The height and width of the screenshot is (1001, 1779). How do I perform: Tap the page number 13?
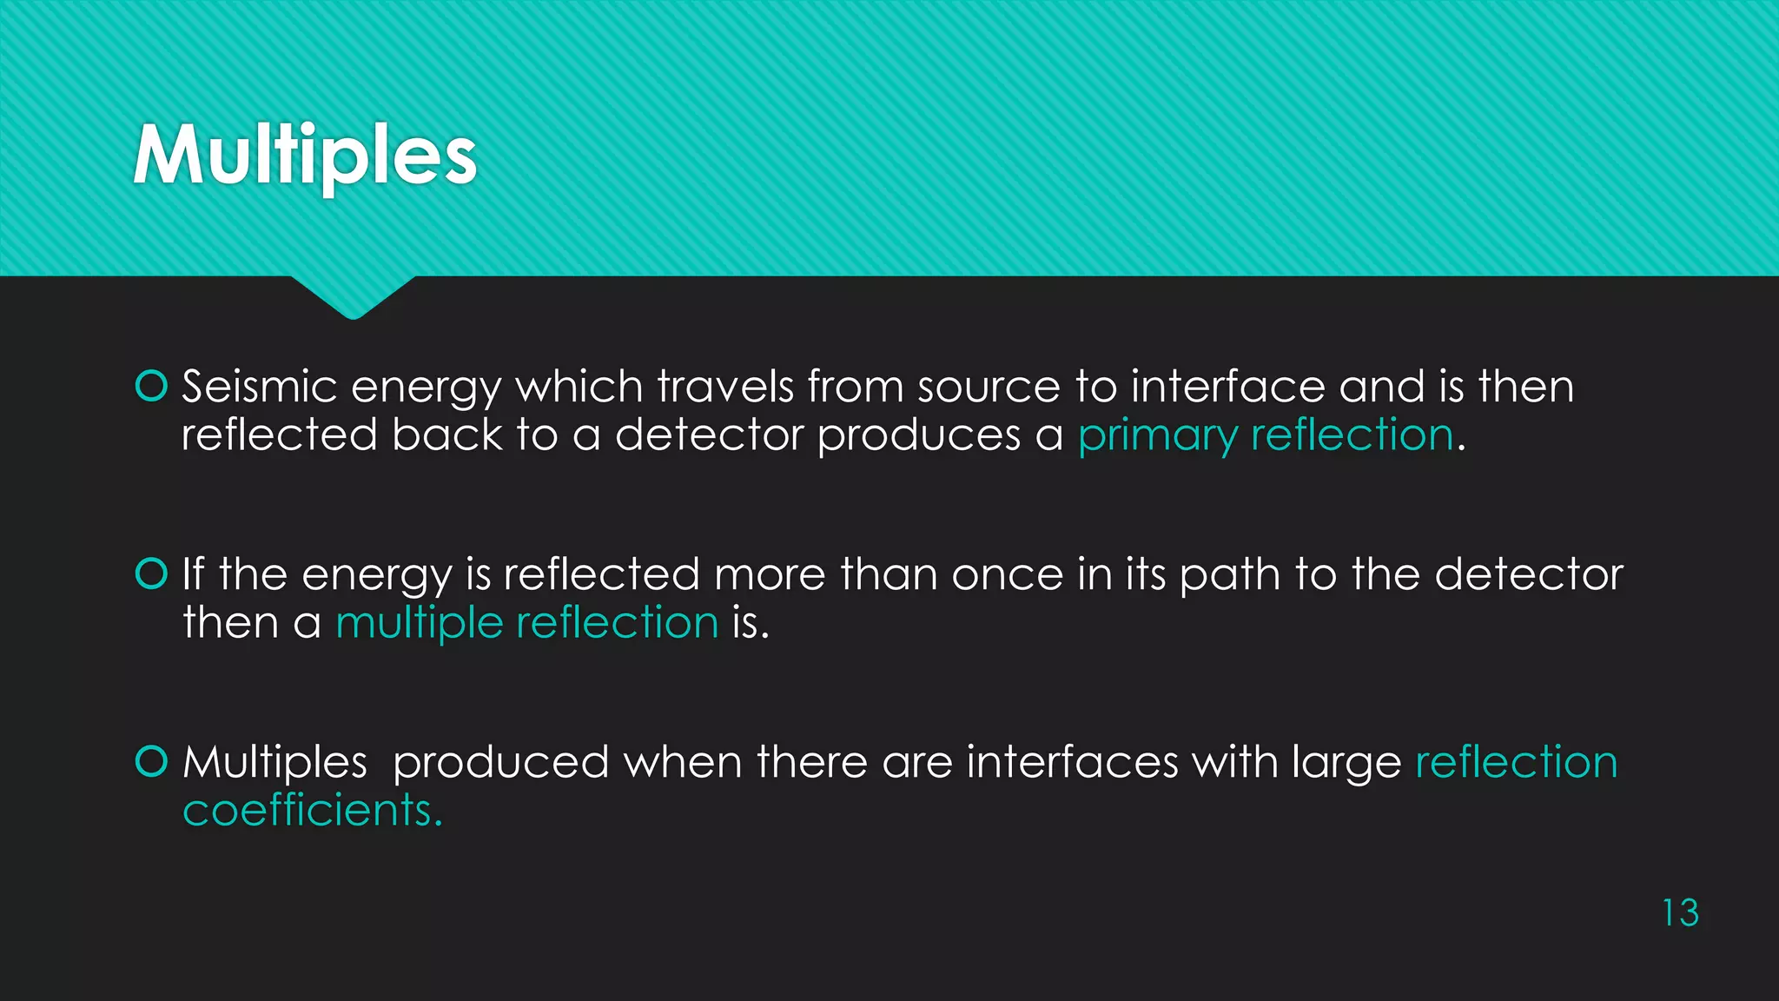tap(1680, 913)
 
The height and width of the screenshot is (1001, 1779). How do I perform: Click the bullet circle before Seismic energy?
tap(152, 386)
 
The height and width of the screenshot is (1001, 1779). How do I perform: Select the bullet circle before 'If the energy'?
tap(152, 573)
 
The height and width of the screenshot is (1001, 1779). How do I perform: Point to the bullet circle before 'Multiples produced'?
tap(152, 761)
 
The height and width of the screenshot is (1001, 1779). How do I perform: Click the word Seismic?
tap(259, 387)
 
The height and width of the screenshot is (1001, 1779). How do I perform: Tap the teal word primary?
tap(1157, 435)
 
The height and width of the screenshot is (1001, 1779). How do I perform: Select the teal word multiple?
tap(419, 623)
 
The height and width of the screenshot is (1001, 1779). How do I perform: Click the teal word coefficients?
tap(312, 811)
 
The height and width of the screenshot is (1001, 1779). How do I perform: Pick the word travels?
tap(724, 387)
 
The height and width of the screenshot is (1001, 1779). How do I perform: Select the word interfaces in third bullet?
tap(1072, 762)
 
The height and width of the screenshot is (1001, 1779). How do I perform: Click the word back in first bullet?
tap(446, 434)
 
